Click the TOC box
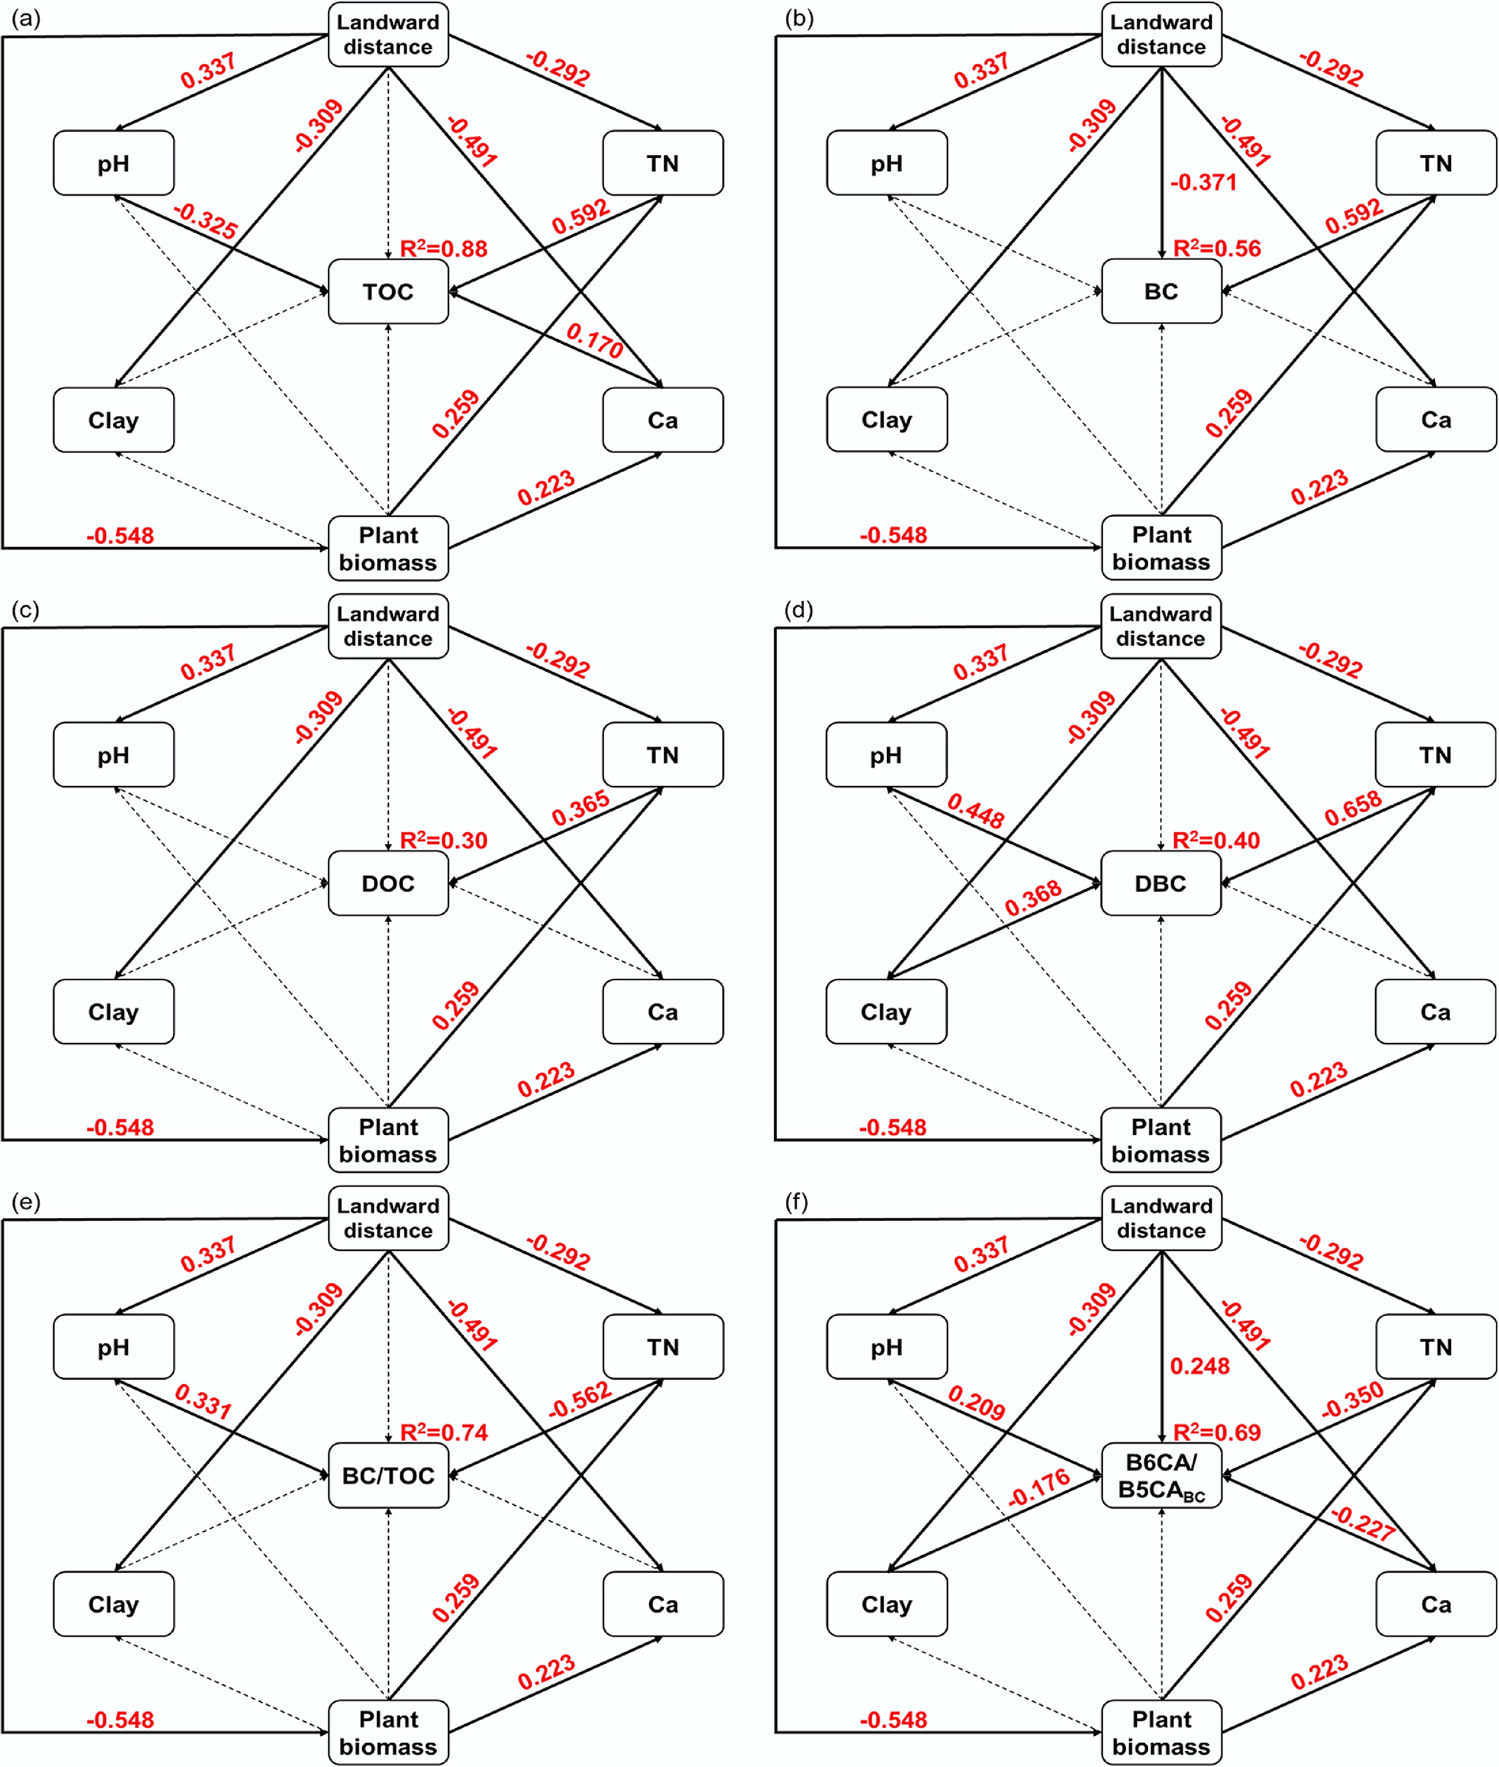(388, 291)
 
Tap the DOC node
(388, 883)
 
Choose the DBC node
(1161, 883)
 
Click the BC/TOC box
(388, 1476)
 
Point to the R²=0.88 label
(444, 248)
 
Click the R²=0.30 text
(444, 840)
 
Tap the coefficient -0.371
(1203, 182)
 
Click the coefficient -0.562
(580, 1400)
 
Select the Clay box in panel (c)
(114, 1012)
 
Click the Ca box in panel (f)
(1436, 1604)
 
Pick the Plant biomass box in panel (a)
(388, 548)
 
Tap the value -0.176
(1038, 1488)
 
